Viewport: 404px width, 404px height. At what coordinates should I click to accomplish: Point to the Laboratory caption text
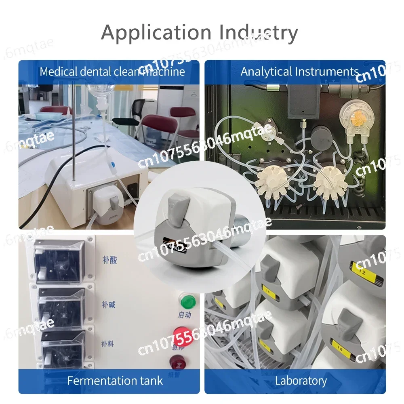(301, 381)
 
